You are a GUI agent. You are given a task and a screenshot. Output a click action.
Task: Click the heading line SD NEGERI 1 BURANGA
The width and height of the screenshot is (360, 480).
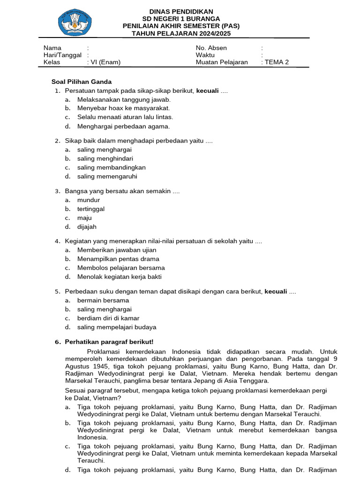point(180,19)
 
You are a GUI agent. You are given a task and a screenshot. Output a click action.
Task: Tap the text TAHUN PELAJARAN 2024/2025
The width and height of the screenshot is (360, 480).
point(181,34)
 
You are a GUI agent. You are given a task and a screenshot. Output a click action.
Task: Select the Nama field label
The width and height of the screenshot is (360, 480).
point(52,48)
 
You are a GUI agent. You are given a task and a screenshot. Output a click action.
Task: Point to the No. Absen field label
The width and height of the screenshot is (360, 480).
point(211,48)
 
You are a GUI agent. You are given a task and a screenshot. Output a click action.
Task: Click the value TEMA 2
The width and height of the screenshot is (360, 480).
point(277,62)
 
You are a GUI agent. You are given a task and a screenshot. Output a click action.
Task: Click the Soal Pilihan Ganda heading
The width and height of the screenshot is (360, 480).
point(81,82)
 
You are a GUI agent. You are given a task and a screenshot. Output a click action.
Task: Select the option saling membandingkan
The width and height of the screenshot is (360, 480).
point(111,167)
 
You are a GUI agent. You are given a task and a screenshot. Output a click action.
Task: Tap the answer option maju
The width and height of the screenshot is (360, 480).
point(84,218)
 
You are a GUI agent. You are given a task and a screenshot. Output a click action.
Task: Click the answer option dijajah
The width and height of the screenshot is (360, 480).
point(87,227)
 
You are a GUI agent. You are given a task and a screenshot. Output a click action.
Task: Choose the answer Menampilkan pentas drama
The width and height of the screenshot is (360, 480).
point(118,259)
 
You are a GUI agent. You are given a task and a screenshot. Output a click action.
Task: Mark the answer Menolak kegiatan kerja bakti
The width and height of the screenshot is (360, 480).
point(119,277)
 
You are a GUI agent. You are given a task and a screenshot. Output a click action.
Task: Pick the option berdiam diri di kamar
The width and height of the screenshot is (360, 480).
point(108,318)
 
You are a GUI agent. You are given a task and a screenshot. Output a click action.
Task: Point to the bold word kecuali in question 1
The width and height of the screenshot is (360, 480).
point(207,90)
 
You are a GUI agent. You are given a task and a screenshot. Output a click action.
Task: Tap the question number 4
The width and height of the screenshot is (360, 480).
point(57,241)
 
